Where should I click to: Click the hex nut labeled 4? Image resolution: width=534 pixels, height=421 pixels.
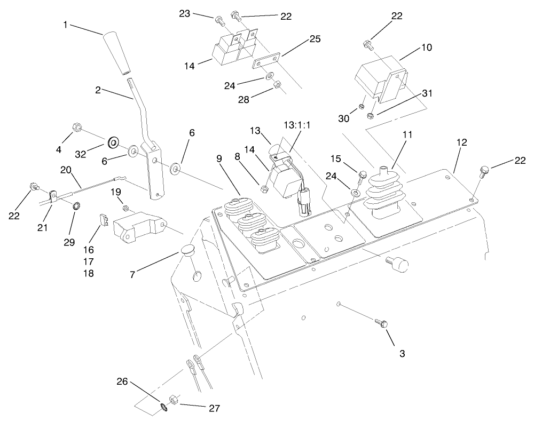click(76, 128)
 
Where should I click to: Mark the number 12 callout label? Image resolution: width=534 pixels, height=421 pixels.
click(462, 142)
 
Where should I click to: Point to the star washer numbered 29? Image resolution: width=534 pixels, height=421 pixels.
click(75, 205)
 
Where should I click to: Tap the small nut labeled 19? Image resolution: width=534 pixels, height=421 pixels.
click(124, 208)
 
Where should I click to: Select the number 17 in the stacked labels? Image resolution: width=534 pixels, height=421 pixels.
click(89, 261)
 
